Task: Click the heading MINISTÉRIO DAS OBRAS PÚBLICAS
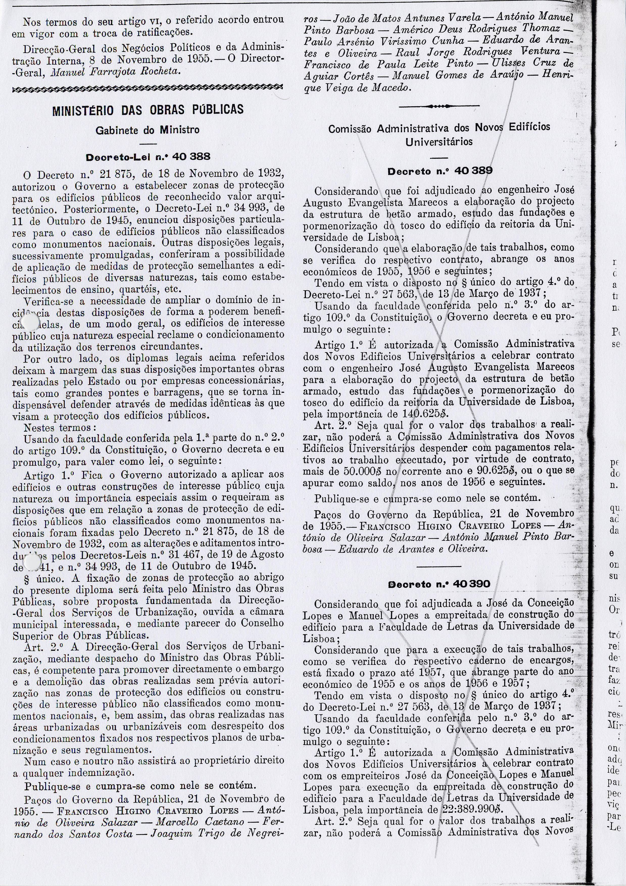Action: point(148,109)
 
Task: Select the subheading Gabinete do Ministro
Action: point(148,130)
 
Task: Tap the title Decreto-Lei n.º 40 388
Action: point(148,157)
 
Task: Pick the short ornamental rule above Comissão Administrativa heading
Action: point(439,106)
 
